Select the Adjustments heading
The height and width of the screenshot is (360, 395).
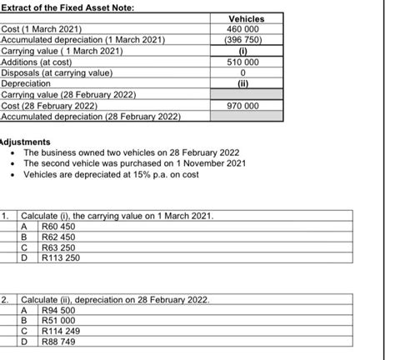pos(27,142)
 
